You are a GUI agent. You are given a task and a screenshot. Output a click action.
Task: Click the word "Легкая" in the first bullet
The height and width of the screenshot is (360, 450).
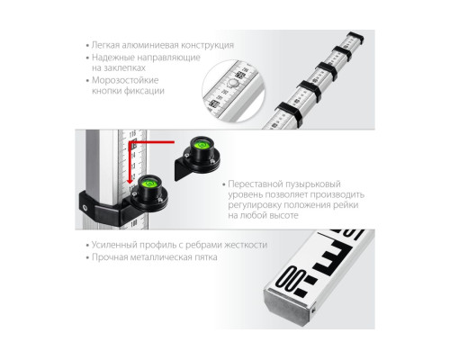tap(105, 45)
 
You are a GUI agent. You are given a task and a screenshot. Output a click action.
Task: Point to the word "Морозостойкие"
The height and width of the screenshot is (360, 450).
tap(125, 80)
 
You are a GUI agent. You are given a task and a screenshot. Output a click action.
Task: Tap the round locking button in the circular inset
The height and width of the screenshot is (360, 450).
tap(233, 83)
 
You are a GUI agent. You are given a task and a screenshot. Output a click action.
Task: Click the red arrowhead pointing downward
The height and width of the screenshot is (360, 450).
tap(130, 181)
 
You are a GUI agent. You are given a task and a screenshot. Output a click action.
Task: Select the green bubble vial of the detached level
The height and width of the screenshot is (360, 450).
tap(200, 146)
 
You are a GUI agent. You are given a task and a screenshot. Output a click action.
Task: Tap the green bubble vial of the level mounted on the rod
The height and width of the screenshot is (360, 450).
tap(148, 184)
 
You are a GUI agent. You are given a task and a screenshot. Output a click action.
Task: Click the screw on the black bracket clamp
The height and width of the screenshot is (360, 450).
tap(85, 207)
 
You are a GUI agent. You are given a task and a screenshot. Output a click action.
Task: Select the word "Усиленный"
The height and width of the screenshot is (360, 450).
tap(114, 245)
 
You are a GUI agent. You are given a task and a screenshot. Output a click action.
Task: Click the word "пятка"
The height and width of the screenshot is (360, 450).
tap(206, 257)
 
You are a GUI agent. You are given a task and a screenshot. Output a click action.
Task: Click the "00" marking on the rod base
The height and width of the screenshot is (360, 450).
tap(291, 279)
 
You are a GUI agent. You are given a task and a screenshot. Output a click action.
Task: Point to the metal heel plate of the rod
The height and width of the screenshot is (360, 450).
tap(289, 306)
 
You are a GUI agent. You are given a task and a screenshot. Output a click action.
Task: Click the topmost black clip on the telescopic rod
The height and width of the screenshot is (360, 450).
tap(355, 38)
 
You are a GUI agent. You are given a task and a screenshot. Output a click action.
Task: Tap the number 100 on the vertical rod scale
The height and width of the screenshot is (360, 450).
tap(133, 223)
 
